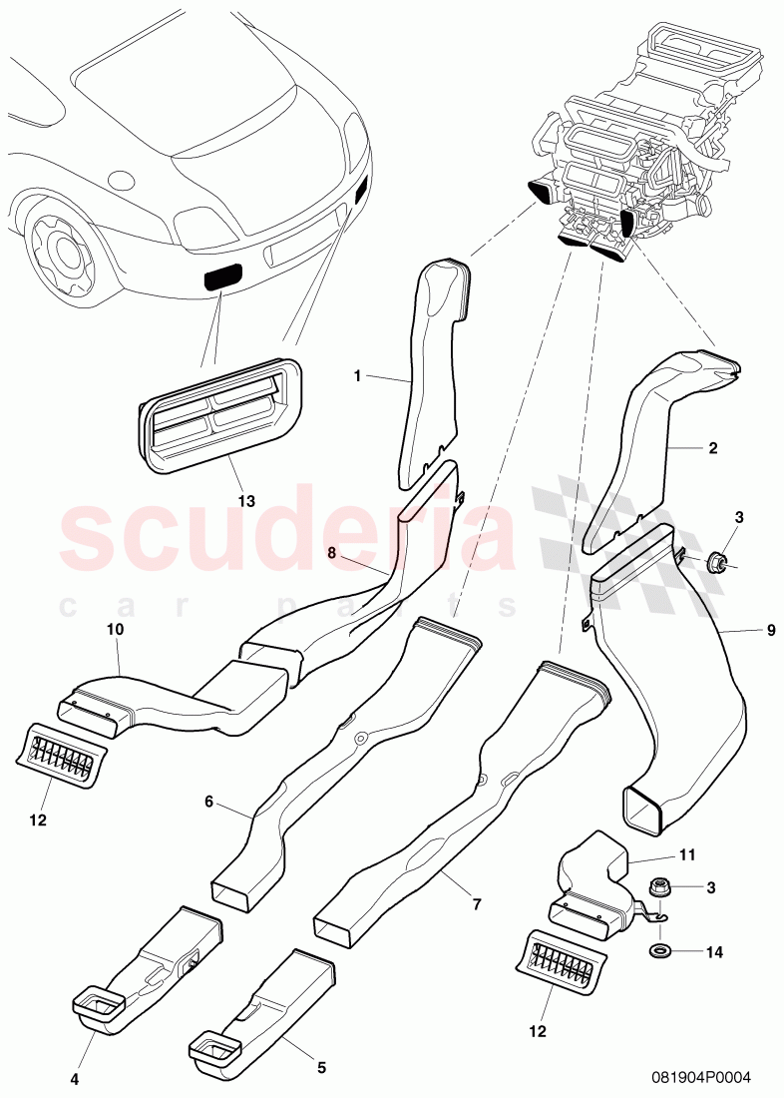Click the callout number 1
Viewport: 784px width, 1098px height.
tap(356, 375)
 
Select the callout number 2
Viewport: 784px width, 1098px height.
tap(713, 449)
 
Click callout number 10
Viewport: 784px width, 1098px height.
tap(115, 631)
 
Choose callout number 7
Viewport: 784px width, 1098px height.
tap(477, 904)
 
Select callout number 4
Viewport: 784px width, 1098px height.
tap(75, 1078)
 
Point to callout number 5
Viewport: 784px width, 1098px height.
tap(321, 1067)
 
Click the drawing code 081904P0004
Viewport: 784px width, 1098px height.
tap(701, 1077)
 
